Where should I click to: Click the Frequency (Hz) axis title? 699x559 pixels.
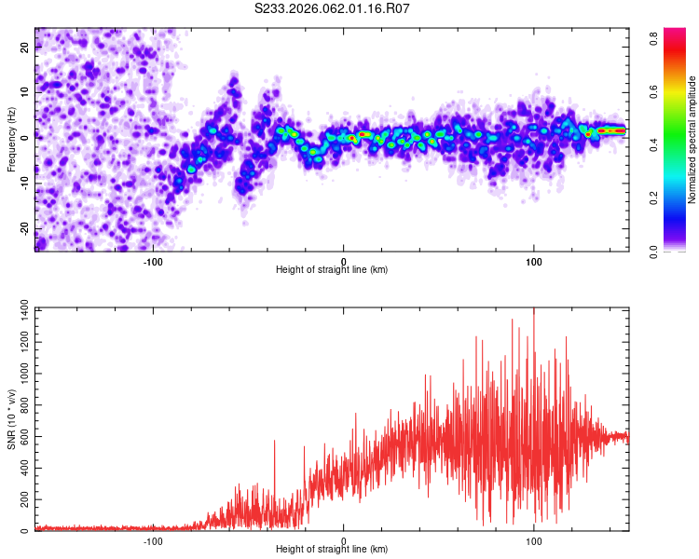click(11, 140)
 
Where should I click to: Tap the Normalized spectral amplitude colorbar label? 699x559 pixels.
click(692, 140)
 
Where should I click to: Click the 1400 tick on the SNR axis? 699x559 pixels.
click(19, 308)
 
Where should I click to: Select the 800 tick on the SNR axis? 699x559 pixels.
click(21, 404)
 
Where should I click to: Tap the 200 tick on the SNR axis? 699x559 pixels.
click(21, 499)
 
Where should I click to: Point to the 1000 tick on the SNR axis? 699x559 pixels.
click(19, 373)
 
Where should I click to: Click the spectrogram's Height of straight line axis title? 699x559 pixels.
click(333, 270)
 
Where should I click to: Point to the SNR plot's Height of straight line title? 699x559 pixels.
click(333, 551)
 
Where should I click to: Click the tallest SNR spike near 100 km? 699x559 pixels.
click(534, 311)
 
